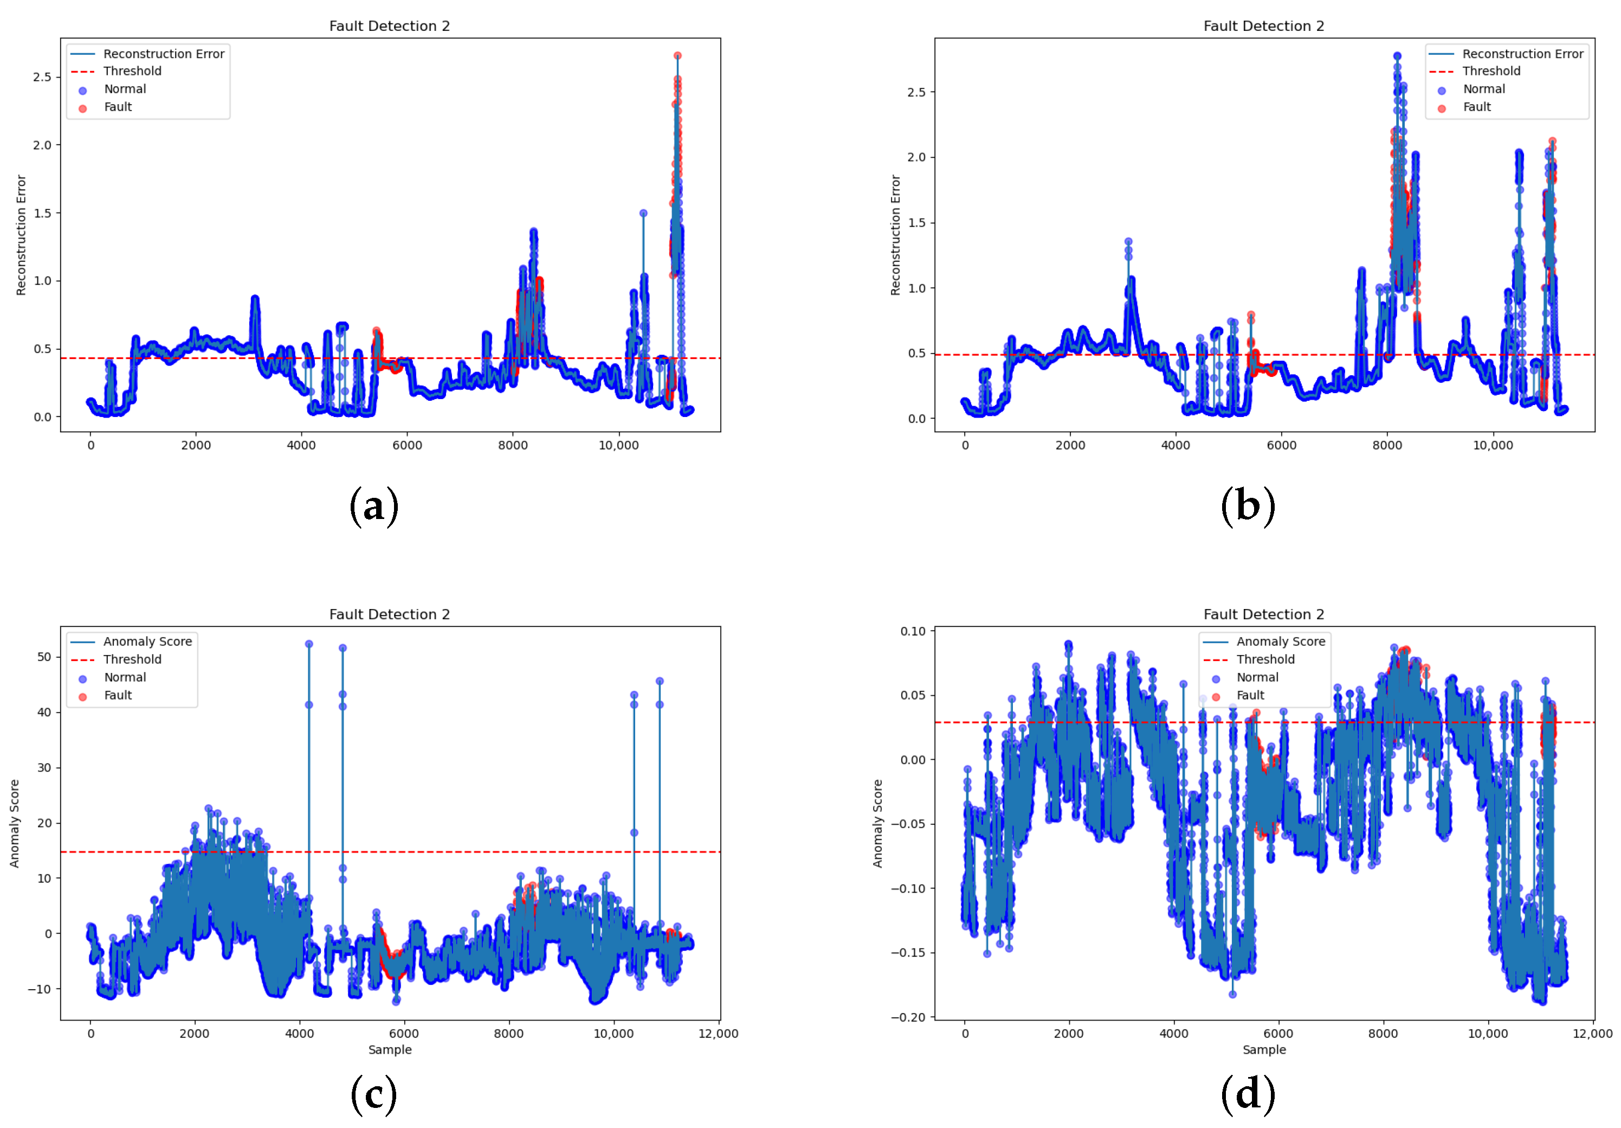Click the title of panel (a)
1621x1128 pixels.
tap(389, 26)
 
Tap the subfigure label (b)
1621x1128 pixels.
tap(1248, 506)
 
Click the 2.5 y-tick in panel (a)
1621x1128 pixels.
tap(42, 76)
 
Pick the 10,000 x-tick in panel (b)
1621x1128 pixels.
tap(1493, 446)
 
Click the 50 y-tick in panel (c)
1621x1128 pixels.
tap(44, 656)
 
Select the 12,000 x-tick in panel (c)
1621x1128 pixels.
tap(718, 1033)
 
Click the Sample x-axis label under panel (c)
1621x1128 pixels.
tap(390, 1049)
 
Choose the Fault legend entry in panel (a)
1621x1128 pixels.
tap(118, 107)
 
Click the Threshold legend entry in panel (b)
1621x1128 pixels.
tap(1491, 72)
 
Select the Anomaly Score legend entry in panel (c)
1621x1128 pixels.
tap(147, 642)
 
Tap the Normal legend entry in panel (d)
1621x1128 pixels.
tap(1257, 677)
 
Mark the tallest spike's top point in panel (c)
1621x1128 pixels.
tap(308, 644)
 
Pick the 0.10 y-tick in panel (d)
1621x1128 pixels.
tap(913, 631)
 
